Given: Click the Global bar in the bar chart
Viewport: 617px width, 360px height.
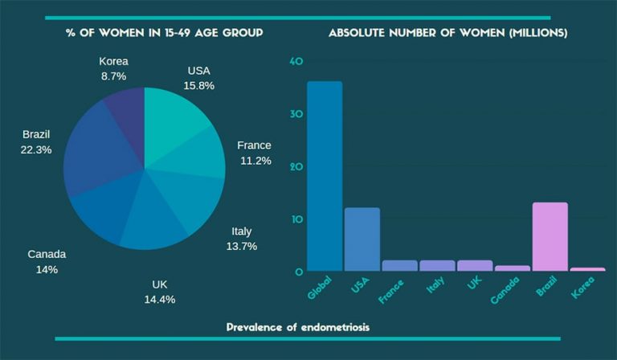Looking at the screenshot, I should point(325,176).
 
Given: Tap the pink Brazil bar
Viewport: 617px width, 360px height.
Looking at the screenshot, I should point(550,236).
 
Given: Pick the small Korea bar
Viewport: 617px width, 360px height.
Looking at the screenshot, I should point(587,269).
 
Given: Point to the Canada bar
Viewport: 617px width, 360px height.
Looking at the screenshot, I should point(513,268).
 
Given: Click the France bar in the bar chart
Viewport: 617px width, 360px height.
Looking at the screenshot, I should point(399,265).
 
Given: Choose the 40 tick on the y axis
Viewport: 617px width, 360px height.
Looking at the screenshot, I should point(296,62).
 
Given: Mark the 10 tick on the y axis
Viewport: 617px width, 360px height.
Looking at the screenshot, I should point(296,219).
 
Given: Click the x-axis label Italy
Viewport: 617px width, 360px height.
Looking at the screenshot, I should point(435,287).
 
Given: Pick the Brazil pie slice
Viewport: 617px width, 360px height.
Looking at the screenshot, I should point(92,153).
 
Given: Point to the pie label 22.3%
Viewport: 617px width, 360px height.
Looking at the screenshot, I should point(37,149).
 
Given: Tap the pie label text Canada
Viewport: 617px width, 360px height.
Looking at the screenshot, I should point(47,254).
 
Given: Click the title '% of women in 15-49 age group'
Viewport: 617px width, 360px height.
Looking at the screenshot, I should point(164,33).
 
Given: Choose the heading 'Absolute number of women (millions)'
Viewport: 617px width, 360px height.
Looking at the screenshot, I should point(447,33).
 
